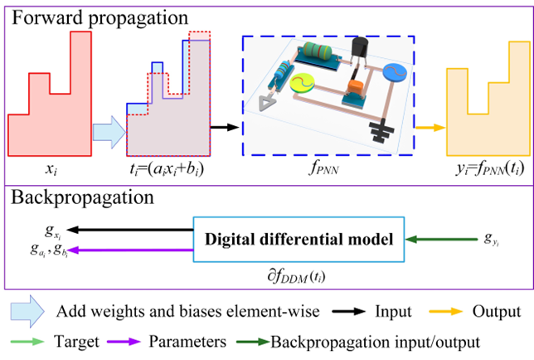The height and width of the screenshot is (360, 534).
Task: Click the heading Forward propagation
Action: [100, 17]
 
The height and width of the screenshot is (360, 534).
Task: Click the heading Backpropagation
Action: [82, 197]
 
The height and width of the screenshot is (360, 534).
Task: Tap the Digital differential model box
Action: [299, 240]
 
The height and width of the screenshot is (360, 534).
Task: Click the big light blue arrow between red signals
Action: [109, 132]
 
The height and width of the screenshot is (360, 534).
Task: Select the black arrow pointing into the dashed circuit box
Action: [225, 128]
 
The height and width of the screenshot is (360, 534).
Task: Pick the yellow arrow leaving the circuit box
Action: [430, 128]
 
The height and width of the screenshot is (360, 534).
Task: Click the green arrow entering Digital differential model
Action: [441, 240]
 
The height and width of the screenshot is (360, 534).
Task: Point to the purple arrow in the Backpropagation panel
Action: [130, 251]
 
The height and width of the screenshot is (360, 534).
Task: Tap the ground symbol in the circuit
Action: [381, 130]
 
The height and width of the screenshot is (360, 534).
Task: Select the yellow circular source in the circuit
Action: [302, 83]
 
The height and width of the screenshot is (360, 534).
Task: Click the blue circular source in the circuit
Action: [395, 72]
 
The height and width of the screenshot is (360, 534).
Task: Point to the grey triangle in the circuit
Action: [267, 104]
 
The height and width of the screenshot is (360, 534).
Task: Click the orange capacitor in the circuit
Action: [356, 88]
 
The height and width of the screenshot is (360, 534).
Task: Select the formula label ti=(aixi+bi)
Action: [167, 169]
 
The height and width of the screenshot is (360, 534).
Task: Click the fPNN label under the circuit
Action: [323, 168]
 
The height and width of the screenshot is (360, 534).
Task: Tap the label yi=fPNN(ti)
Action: [490, 168]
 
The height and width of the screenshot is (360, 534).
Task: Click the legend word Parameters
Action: [187, 341]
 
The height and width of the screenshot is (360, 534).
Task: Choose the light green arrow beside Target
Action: [27, 341]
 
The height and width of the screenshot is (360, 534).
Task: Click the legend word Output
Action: [497, 312]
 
